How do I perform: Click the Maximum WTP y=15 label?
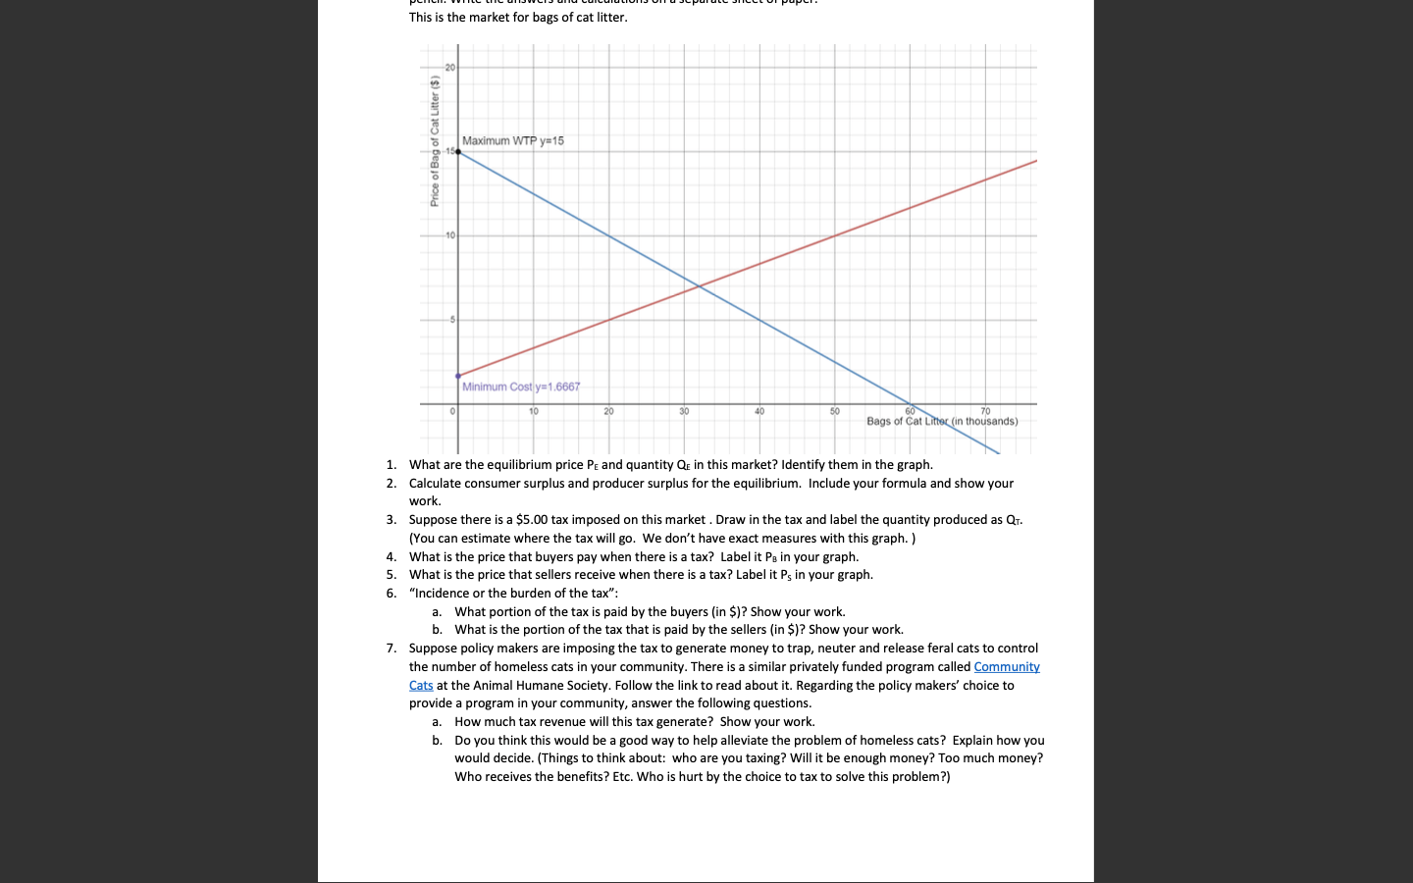coord(512,141)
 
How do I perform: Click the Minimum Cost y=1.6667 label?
coord(521,387)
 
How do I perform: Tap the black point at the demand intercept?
coord(458,152)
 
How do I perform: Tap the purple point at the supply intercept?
coord(458,376)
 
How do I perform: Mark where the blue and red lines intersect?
coord(699,286)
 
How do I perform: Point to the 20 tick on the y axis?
coord(449,68)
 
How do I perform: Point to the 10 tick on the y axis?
coord(449,235)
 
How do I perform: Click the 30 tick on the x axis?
coord(684,411)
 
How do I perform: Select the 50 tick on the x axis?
coord(835,411)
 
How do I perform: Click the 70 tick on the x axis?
coord(985,411)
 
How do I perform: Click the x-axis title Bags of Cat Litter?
coord(942,422)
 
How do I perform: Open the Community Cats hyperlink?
coord(1006,667)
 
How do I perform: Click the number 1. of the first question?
coord(391,465)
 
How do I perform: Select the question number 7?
coord(391,649)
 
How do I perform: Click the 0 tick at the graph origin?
coord(452,411)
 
